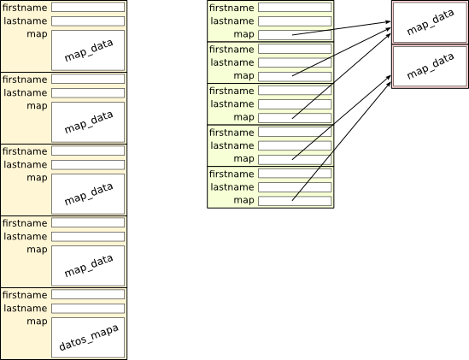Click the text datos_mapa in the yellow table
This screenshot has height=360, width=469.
89,337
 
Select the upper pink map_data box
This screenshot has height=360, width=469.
430,22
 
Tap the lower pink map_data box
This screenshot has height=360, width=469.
430,67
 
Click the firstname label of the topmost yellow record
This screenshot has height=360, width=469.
25,8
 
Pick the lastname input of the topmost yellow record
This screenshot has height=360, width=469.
88,21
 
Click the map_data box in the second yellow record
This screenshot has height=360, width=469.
88,122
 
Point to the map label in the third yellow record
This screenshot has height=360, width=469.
37,178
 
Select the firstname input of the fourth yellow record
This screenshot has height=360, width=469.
88,222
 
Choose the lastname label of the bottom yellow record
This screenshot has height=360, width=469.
26,308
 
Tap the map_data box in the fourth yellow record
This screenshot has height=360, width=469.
88,266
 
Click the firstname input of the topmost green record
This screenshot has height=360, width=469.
295,7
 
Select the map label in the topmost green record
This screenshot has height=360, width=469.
243,34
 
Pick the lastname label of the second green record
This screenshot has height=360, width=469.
232,62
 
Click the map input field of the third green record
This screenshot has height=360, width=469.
295,118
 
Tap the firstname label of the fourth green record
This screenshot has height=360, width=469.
232,133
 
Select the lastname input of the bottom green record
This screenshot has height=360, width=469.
295,187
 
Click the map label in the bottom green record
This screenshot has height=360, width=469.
243,200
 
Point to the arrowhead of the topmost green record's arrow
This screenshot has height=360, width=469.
389,22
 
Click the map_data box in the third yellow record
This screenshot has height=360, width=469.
88,194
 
